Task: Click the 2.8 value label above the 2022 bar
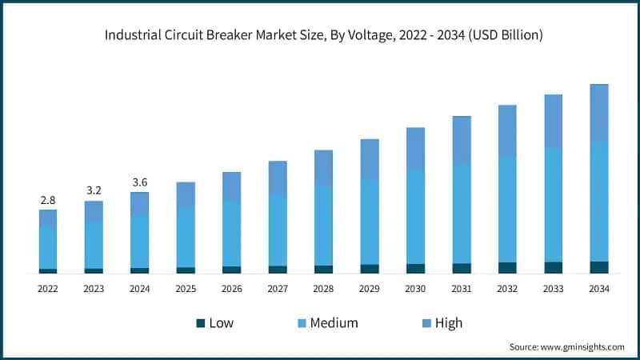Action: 48,199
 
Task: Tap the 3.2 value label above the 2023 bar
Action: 94,190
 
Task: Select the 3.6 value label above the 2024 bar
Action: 139,182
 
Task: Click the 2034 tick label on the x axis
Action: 598,288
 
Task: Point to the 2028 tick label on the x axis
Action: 323,288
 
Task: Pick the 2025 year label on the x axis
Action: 186,288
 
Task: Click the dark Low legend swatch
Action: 200,323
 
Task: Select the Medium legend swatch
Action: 302,323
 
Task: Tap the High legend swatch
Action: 426,323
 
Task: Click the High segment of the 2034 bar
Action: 598,112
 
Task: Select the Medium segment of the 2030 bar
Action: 415,216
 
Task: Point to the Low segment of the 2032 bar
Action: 507,267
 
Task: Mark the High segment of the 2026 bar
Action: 231,186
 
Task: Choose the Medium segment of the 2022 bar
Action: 48,247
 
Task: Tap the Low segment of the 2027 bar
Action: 278,269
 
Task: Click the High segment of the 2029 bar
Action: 370,158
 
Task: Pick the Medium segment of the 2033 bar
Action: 553,204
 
